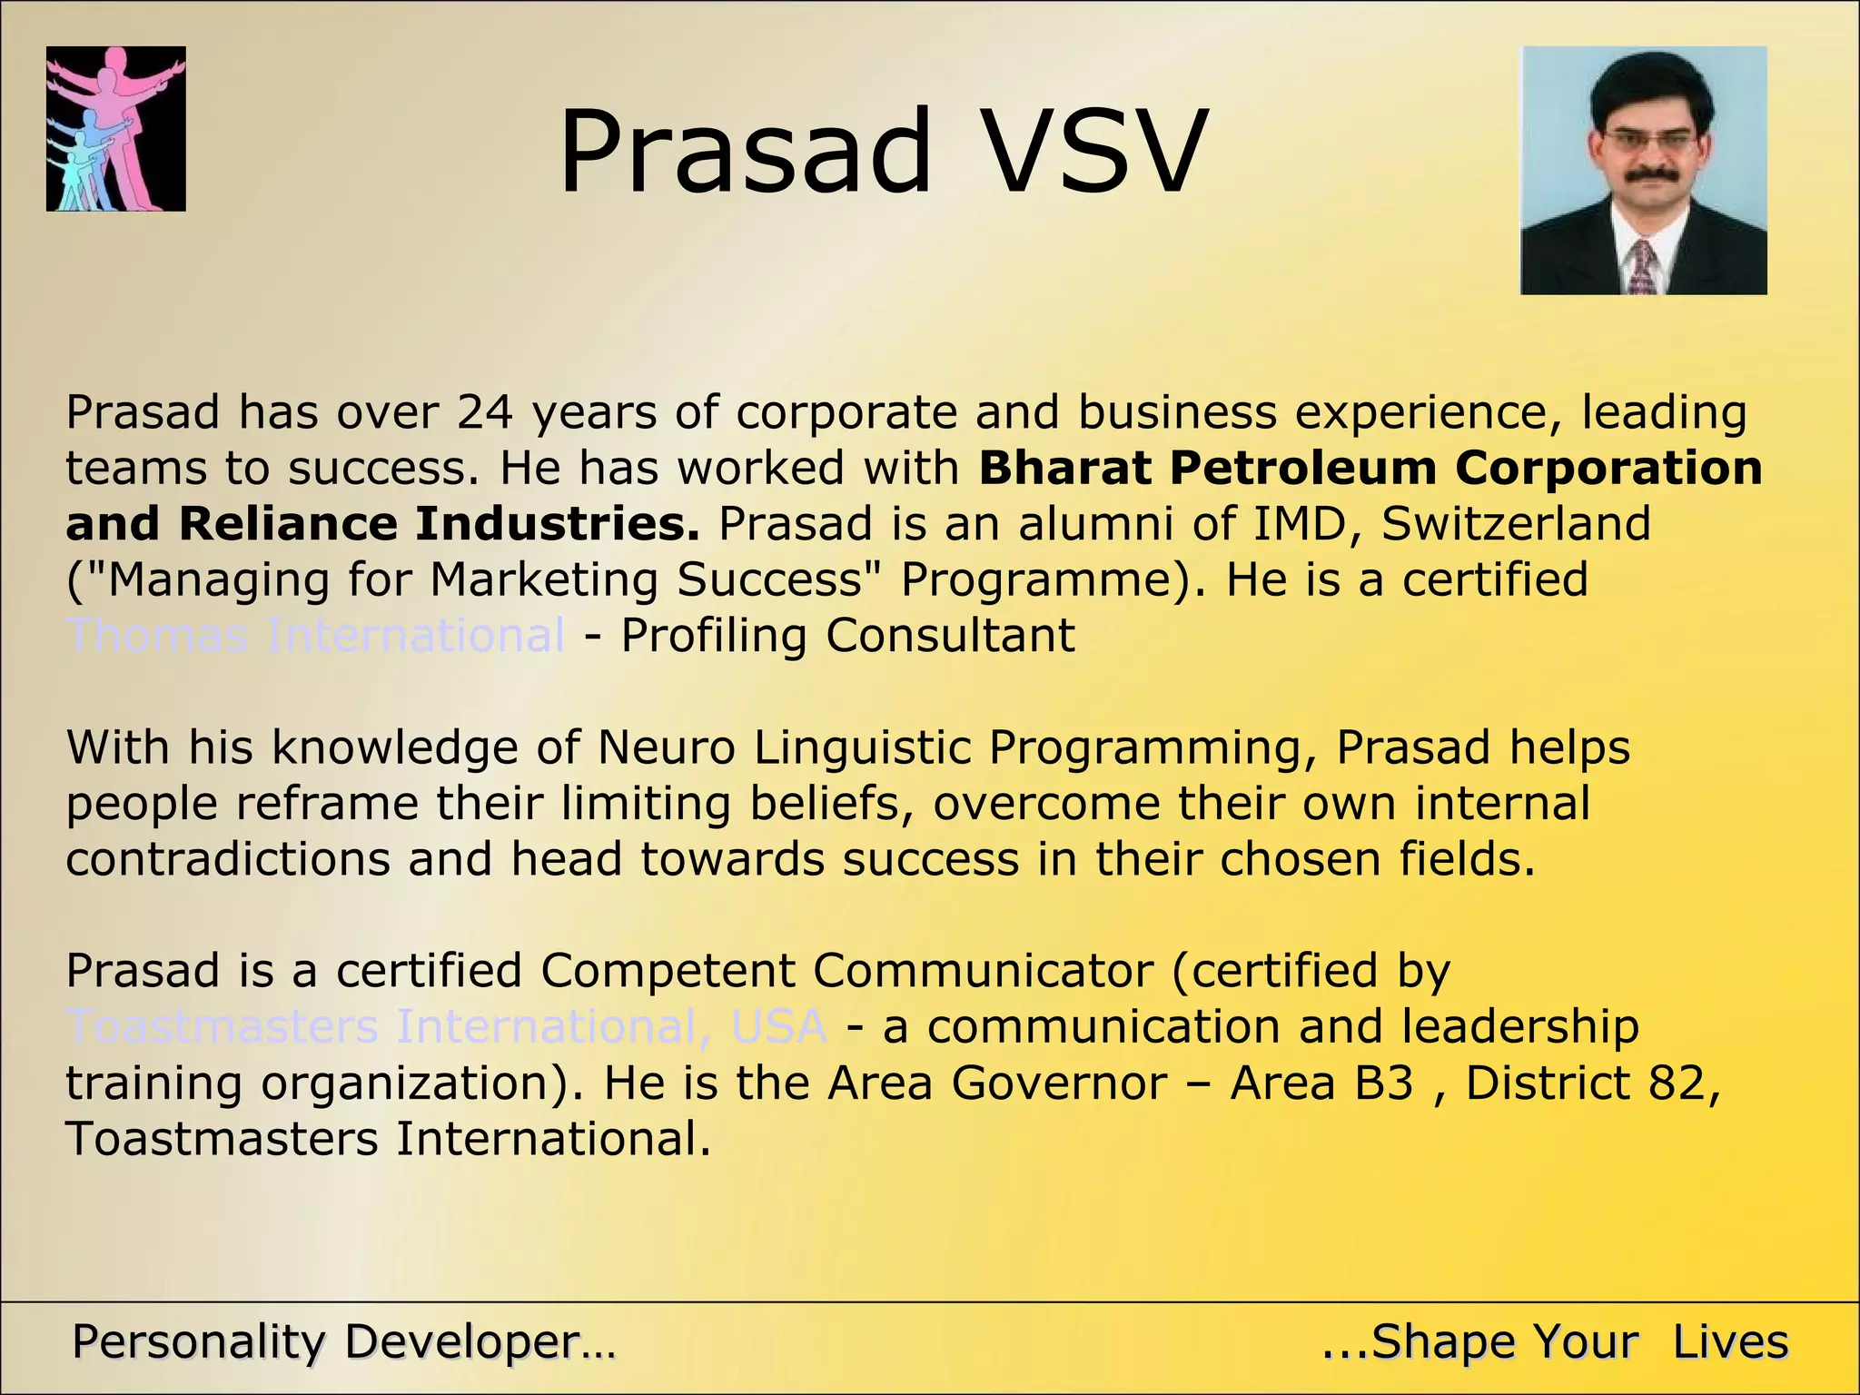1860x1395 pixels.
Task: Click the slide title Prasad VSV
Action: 883,152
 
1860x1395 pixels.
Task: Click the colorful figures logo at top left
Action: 116,129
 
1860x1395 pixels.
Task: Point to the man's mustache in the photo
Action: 1645,173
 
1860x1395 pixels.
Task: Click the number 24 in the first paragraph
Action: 485,412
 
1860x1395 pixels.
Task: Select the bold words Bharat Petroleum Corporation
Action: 1370,469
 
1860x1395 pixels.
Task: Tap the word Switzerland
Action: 1516,525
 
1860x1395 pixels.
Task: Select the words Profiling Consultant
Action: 847,636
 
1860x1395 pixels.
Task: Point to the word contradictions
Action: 228,860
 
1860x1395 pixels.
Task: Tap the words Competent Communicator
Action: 846,971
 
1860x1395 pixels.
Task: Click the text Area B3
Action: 1321,1083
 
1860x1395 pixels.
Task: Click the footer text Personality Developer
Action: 343,1342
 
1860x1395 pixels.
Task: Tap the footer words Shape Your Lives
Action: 1554,1342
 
